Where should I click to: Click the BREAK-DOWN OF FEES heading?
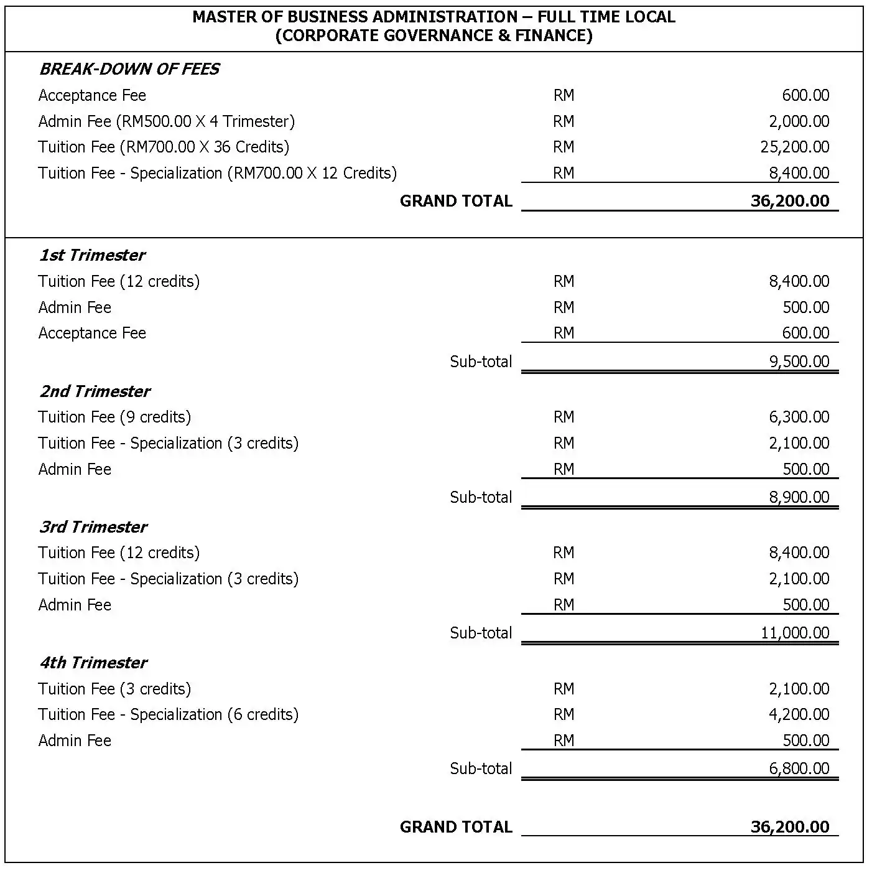point(129,69)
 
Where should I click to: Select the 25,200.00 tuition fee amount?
point(794,147)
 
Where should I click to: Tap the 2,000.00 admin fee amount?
point(799,121)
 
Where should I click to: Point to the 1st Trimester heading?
point(92,255)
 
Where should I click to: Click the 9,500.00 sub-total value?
point(799,362)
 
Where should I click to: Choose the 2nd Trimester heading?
point(95,391)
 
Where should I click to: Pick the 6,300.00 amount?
point(799,417)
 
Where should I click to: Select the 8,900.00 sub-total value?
point(799,497)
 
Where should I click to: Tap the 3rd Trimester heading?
point(93,527)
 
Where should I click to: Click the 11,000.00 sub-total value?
point(794,633)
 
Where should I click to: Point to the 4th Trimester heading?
point(93,663)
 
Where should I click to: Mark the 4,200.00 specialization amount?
point(799,714)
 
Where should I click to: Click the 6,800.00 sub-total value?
point(799,768)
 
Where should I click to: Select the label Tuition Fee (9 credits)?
point(114,417)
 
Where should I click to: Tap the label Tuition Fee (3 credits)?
point(114,689)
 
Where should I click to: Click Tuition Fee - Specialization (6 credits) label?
point(168,714)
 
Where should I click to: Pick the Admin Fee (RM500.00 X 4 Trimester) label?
point(166,121)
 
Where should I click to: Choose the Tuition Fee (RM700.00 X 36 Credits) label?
point(164,147)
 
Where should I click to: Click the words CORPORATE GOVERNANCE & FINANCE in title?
point(434,35)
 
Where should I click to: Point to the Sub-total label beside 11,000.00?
point(481,633)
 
